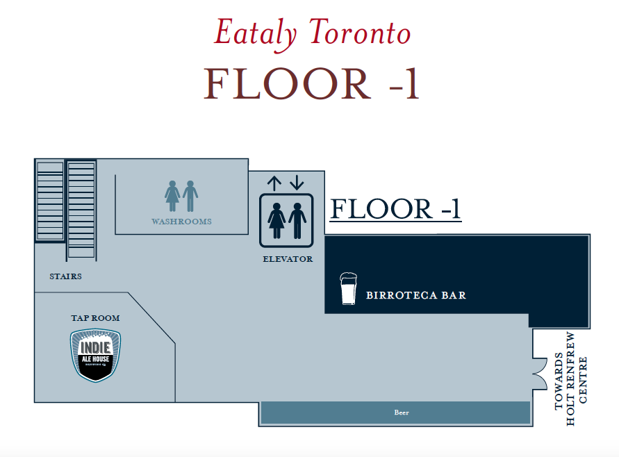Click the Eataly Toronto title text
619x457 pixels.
[x=312, y=33]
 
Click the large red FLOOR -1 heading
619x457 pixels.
[x=312, y=85]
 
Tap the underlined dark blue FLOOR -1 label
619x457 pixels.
[x=395, y=209]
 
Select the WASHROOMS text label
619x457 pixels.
[x=181, y=222]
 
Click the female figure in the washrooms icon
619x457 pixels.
[x=172, y=197]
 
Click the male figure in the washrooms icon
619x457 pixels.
[x=190, y=197]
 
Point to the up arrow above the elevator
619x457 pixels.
[x=274, y=183]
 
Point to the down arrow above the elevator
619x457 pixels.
[x=297, y=183]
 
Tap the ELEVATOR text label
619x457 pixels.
[x=288, y=259]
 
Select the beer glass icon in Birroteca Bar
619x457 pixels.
[x=348, y=289]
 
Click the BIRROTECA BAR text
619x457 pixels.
[x=415, y=295]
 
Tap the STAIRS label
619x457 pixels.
[x=65, y=276]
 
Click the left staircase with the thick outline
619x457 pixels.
[x=50, y=201]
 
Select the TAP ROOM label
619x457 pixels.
[x=95, y=318]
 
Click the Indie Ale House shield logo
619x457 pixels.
[x=95, y=355]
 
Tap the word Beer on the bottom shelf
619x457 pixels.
[x=402, y=413]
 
